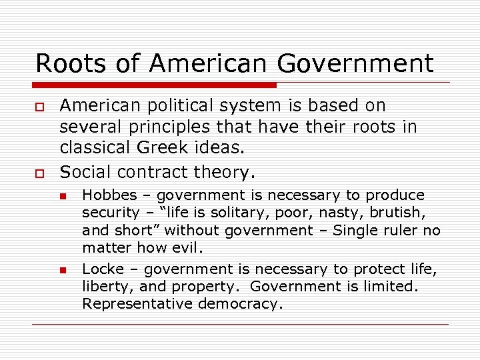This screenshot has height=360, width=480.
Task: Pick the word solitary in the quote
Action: click(x=240, y=213)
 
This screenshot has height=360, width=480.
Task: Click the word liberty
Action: click(x=103, y=287)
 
